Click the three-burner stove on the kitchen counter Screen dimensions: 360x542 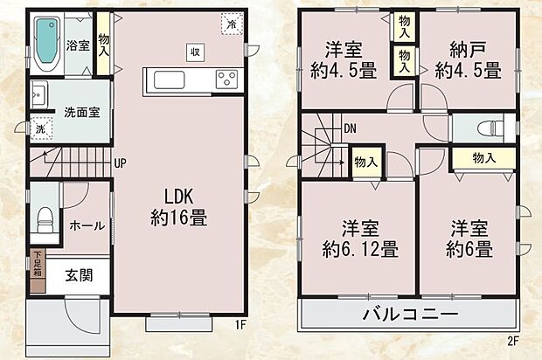tap(227, 80)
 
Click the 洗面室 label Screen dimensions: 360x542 tap(80, 112)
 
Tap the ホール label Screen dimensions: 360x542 tap(87, 225)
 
